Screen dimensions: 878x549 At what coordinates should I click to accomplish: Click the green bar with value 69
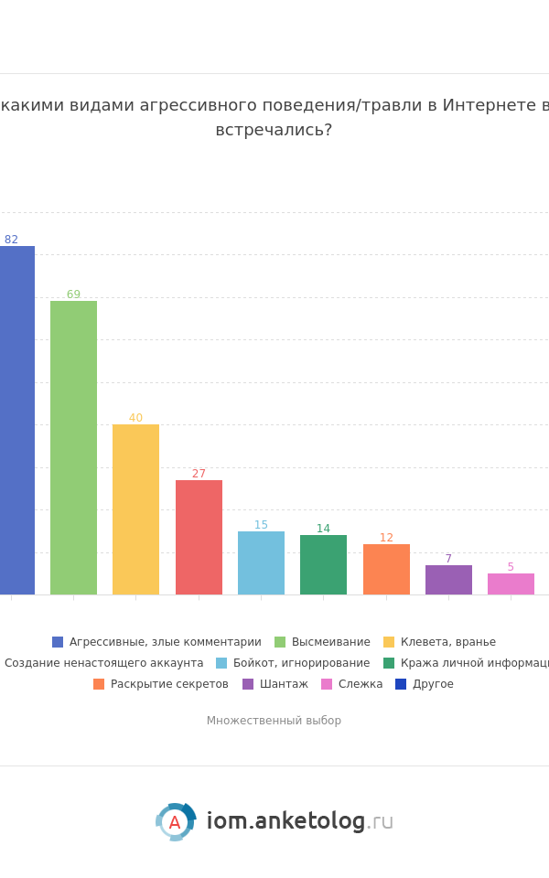[x=73, y=447]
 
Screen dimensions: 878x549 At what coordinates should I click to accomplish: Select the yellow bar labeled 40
[x=135, y=509]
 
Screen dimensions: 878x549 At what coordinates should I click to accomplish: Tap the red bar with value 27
[x=199, y=537]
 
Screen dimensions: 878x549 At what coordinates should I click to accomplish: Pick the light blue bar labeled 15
[x=261, y=562]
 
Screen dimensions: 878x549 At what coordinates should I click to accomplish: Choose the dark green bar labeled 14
[x=323, y=564]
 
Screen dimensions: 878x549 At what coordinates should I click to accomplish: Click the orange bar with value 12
[x=386, y=569]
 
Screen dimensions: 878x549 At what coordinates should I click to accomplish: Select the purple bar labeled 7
[x=448, y=580]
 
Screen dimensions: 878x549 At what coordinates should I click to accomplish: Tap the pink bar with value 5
[x=511, y=584]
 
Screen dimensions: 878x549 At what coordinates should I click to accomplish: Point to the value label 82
[x=11, y=240]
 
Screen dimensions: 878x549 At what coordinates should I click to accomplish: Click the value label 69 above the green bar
[x=73, y=294]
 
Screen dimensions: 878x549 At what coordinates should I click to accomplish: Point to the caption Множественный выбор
[x=274, y=721]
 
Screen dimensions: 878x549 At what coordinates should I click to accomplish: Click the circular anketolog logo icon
[x=175, y=822]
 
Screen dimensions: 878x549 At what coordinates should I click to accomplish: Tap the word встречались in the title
[x=273, y=131]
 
